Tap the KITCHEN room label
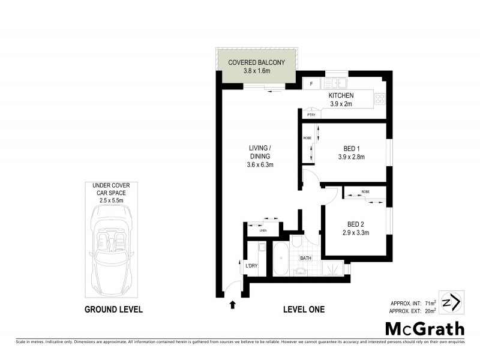[x=340, y=95]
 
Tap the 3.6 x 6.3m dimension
[x=260, y=165]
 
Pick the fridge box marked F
[x=311, y=84]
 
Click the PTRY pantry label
[x=311, y=115]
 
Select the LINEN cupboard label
[x=262, y=230]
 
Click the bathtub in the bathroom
[x=281, y=259]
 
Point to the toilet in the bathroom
[x=298, y=242]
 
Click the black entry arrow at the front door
[x=233, y=305]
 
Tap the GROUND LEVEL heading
[x=113, y=310]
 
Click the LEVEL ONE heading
[x=304, y=310]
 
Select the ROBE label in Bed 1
[x=307, y=138]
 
